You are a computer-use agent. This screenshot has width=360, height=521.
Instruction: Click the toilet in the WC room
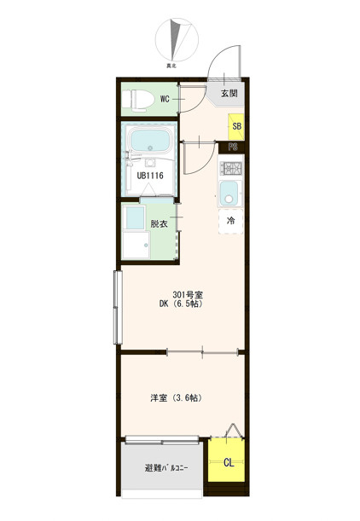[137, 99]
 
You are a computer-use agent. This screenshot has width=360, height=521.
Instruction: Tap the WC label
[165, 99]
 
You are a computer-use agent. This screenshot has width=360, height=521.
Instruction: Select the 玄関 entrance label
[229, 93]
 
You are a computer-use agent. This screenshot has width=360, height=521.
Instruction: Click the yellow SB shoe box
[236, 126]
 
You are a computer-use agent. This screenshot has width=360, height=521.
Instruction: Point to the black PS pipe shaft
[233, 147]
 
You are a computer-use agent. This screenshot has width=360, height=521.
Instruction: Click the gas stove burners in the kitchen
[230, 168]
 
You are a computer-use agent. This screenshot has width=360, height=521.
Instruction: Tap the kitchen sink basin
[229, 194]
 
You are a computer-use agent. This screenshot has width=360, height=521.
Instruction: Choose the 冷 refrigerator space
[230, 221]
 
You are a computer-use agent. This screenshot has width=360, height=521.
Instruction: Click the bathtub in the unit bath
[150, 140]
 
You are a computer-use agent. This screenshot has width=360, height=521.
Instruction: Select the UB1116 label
[150, 175]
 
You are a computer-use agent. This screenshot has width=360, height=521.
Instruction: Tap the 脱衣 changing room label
[159, 223]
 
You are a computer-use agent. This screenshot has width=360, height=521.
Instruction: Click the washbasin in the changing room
[136, 217]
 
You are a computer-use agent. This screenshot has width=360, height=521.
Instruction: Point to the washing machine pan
[136, 245]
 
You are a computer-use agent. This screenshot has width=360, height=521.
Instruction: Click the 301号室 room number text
[188, 295]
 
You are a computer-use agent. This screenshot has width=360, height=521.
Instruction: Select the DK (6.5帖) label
[181, 304]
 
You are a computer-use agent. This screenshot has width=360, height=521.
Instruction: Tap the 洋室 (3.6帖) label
[177, 397]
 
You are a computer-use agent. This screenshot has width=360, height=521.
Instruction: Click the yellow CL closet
[226, 460]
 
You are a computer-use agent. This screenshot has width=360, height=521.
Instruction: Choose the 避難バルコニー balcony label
[166, 468]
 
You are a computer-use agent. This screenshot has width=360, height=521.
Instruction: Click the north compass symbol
[177, 40]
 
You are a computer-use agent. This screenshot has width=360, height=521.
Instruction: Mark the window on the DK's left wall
[118, 307]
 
